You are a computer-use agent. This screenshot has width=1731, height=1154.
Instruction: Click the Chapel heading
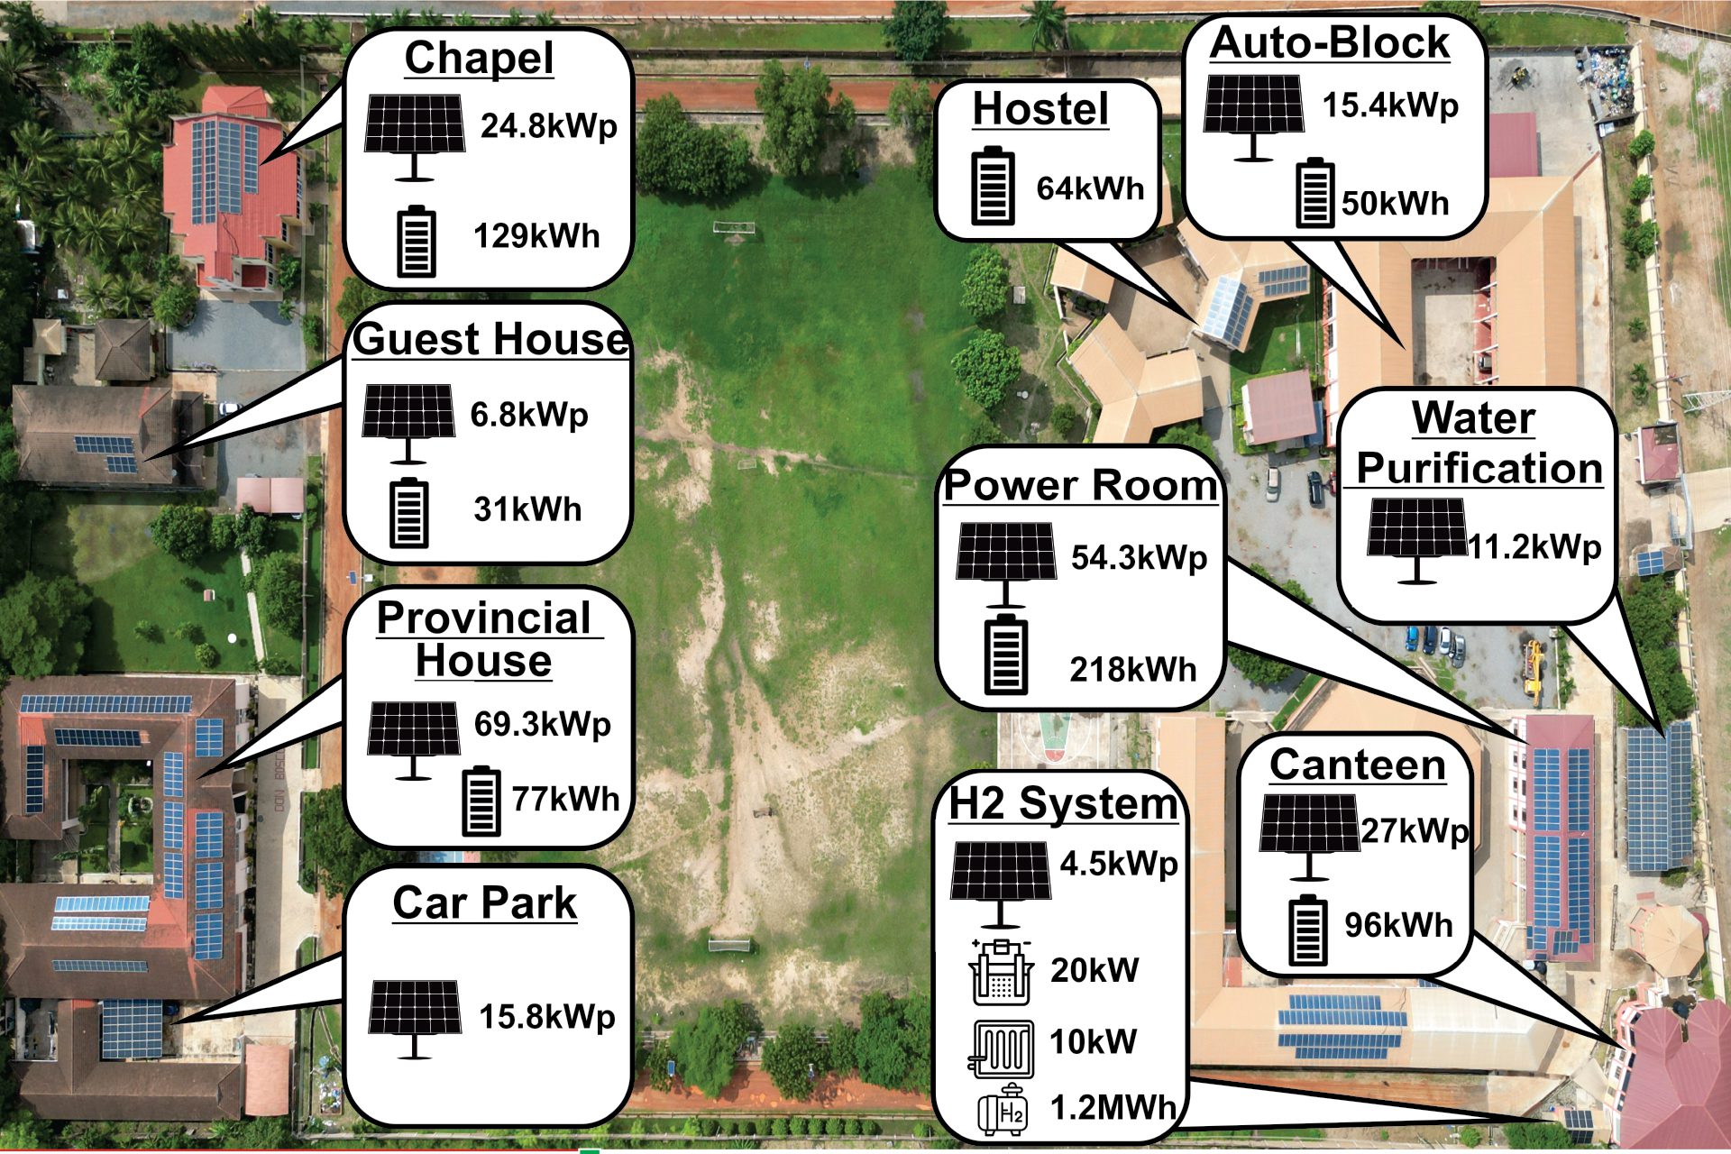[x=479, y=59]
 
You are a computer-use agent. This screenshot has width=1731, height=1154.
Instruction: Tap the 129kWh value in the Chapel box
[x=536, y=236]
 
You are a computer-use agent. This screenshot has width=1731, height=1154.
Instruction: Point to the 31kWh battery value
[x=527, y=509]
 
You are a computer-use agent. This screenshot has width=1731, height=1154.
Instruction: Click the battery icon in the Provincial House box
[x=481, y=801]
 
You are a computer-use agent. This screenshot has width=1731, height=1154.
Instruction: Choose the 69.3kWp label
[x=543, y=724]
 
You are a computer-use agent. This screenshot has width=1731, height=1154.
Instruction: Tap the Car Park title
[x=485, y=903]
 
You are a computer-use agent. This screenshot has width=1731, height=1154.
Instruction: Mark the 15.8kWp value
[x=547, y=1017]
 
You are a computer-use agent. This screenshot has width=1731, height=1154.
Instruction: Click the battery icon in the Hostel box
[x=993, y=186]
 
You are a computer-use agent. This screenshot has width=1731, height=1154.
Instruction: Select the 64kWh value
[x=1090, y=188]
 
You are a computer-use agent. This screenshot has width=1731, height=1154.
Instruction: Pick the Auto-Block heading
[x=1330, y=42]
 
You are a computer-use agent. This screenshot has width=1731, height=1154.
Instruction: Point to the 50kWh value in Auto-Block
[x=1395, y=203]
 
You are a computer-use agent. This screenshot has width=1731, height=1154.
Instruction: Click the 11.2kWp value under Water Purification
[x=1534, y=547]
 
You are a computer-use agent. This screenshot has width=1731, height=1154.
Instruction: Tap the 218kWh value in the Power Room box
[x=1133, y=670]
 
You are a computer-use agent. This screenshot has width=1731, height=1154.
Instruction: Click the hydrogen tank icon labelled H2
[x=1003, y=1109]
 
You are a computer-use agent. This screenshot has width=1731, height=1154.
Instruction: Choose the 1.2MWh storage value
[x=1113, y=1108]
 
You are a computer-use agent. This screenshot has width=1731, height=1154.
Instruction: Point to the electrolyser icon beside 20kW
[x=1000, y=971]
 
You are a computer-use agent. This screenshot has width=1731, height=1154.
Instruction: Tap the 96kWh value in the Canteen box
[x=1398, y=925]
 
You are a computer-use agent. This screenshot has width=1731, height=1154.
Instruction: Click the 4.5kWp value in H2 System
[x=1119, y=864]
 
